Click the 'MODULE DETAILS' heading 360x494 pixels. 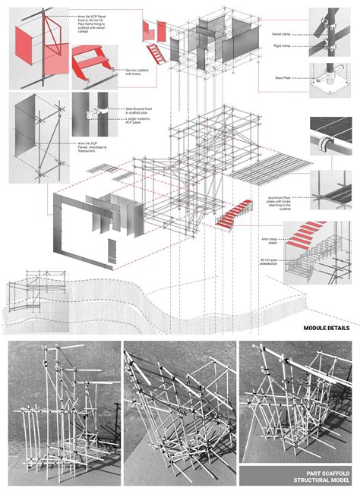click(327, 329)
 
